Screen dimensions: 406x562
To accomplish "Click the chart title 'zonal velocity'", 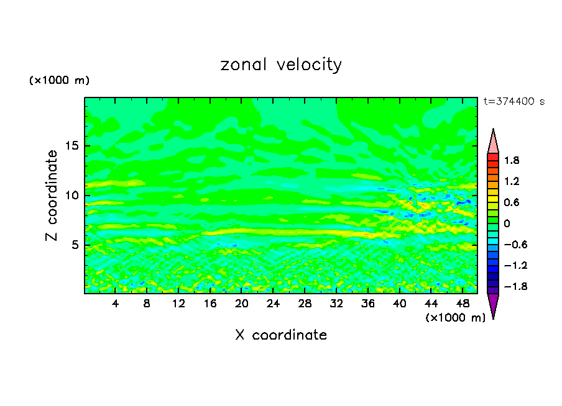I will click(281, 65).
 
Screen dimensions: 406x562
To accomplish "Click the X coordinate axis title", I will click(281, 335).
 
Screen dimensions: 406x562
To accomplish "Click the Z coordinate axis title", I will click(53, 196).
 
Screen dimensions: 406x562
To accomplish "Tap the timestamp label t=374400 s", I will click(514, 102).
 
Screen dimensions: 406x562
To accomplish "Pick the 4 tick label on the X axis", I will click(116, 304).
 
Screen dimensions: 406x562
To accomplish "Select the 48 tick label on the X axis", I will click(462, 304).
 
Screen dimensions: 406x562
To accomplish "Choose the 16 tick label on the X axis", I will click(210, 304).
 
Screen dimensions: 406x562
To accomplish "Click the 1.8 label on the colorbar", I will click(512, 161).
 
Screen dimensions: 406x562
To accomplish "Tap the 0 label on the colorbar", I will click(507, 223).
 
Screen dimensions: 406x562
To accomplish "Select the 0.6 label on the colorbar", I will click(512, 202).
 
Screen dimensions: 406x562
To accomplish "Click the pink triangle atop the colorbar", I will click(493, 142).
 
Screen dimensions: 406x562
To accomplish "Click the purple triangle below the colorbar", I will click(493, 305).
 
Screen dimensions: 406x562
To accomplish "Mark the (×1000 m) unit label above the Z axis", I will click(59, 81).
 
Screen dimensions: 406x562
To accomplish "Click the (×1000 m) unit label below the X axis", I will click(455, 318).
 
